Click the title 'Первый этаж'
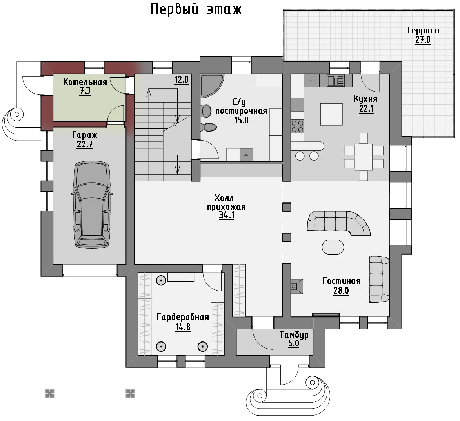coord(196,9)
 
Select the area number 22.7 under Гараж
coord(85,145)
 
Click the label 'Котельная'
coord(85,82)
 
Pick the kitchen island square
coord(331,114)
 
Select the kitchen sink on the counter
coord(336,80)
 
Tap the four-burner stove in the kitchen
coord(297,126)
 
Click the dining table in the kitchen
coord(364,157)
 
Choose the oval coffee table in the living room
coord(333,247)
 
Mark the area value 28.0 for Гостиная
coord(341,291)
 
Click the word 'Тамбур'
coord(294,334)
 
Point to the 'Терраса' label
coord(423,30)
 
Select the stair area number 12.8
coord(182,80)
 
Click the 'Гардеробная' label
coord(183,317)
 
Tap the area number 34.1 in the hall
coord(227,215)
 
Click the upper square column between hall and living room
coord(287,207)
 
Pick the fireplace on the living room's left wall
coord(297,286)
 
